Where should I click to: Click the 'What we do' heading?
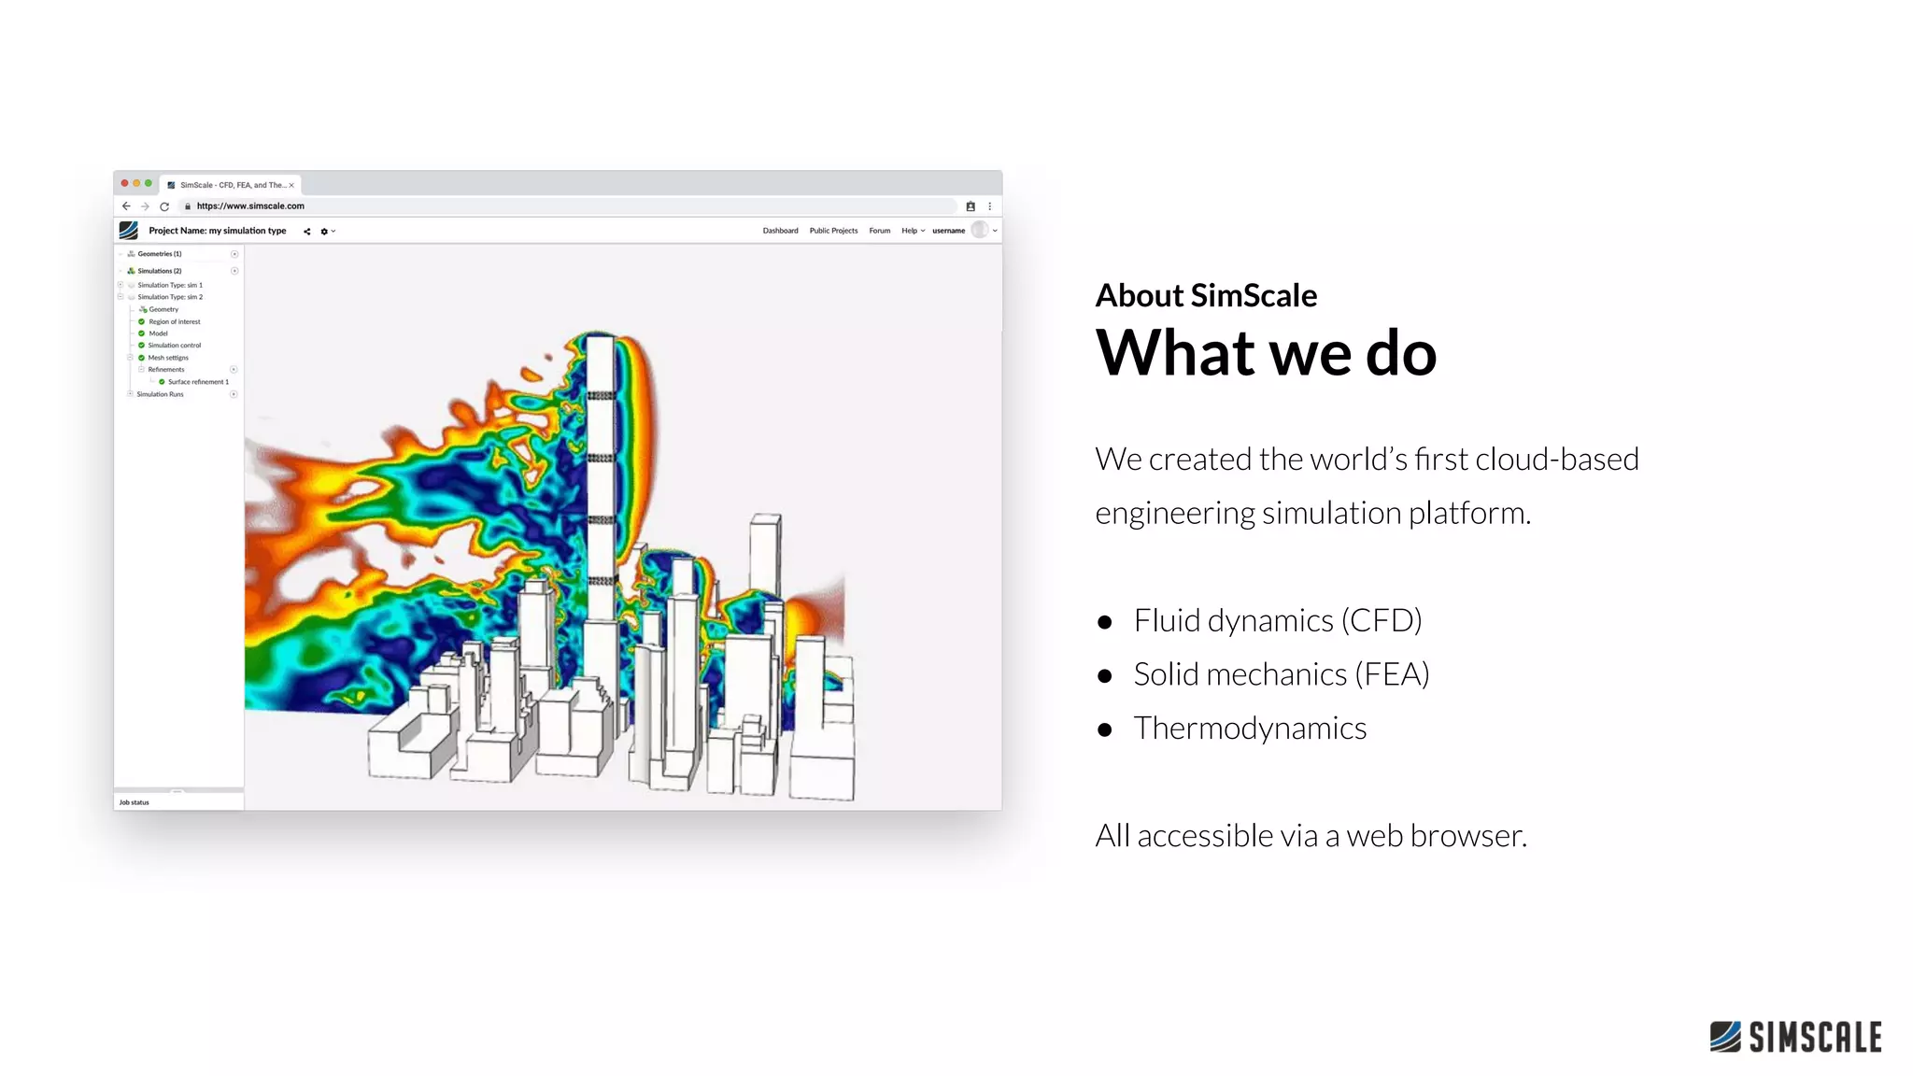point(1266,353)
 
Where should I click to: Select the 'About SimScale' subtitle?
point(1206,295)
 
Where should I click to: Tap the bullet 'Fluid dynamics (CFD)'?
point(1277,620)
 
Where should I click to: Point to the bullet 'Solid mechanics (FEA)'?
point(1281,674)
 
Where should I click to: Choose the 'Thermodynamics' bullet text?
point(1250,729)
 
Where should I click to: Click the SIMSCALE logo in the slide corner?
point(1795,1037)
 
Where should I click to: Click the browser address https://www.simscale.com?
point(250,206)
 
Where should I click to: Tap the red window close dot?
point(125,183)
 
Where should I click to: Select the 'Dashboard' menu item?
point(780,231)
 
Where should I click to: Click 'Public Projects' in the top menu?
point(833,231)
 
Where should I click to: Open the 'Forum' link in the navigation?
point(880,231)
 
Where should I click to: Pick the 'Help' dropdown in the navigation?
point(912,231)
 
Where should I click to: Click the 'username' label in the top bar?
point(948,231)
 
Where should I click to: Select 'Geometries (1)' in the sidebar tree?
point(160,254)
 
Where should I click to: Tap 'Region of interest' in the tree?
point(175,322)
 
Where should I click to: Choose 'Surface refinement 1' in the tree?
point(198,382)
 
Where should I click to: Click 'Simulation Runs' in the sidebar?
point(161,394)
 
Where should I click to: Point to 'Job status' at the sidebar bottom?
point(135,802)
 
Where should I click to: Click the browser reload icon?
point(164,206)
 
